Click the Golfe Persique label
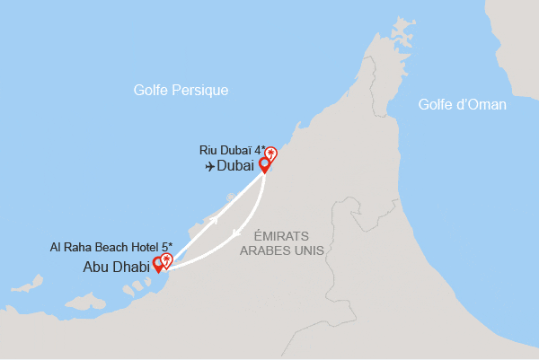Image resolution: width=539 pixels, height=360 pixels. click(x=180, y=91)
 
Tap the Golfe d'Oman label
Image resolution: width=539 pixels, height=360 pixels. click(x=462, y=105)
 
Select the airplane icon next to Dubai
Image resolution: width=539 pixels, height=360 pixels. click(x=209, y=166)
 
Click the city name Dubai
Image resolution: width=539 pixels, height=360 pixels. click(x=236, y=166)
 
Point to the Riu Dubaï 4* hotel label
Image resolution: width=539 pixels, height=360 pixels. click(x=232, y=150)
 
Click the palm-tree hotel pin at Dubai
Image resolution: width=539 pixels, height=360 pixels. click(x=271, y=154)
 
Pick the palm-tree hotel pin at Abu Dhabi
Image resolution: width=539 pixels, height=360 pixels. click(x=166, y=260)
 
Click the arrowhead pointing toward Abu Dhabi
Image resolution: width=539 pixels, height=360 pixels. click(x=234, y=235)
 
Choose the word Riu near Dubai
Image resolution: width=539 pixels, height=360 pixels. click(x=208, y=150)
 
